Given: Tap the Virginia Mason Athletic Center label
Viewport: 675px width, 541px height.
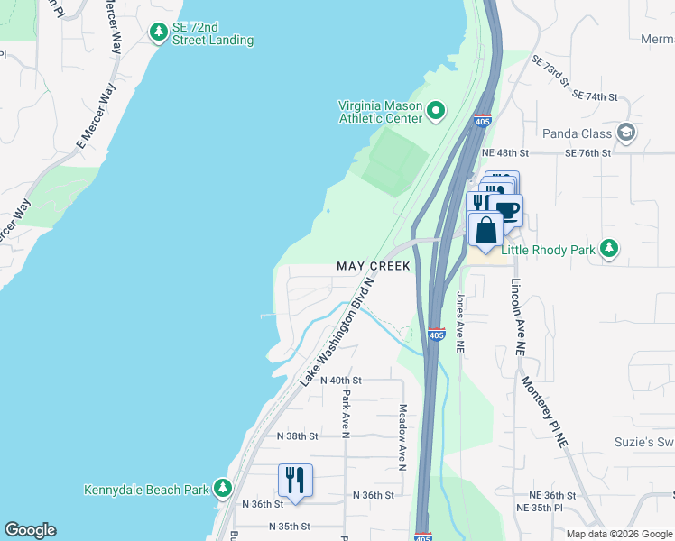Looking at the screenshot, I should (x=380, y=112).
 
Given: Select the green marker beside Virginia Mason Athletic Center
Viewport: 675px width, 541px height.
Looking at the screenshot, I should (x=436, y=112).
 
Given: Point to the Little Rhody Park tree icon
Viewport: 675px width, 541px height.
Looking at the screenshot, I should (x=610, y=248).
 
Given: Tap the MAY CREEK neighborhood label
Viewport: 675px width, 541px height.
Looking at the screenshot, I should (x=373, y=266).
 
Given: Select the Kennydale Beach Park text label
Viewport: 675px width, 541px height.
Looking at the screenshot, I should (x=146, y=491).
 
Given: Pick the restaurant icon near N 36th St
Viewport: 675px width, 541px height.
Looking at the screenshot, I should (x=295, y=480).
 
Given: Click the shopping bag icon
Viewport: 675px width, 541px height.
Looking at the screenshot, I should (x=485, y=230).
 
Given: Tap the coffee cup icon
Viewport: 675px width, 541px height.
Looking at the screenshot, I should (x=506, y=210).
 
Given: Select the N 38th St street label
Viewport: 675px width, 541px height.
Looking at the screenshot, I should (x=298, y=436).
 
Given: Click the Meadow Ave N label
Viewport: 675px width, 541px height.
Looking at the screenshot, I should (x=402, y=436).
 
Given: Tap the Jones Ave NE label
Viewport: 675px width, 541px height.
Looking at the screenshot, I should (x=460, y=321).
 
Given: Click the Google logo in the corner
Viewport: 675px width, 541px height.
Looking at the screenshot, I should (x=30, y=530).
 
